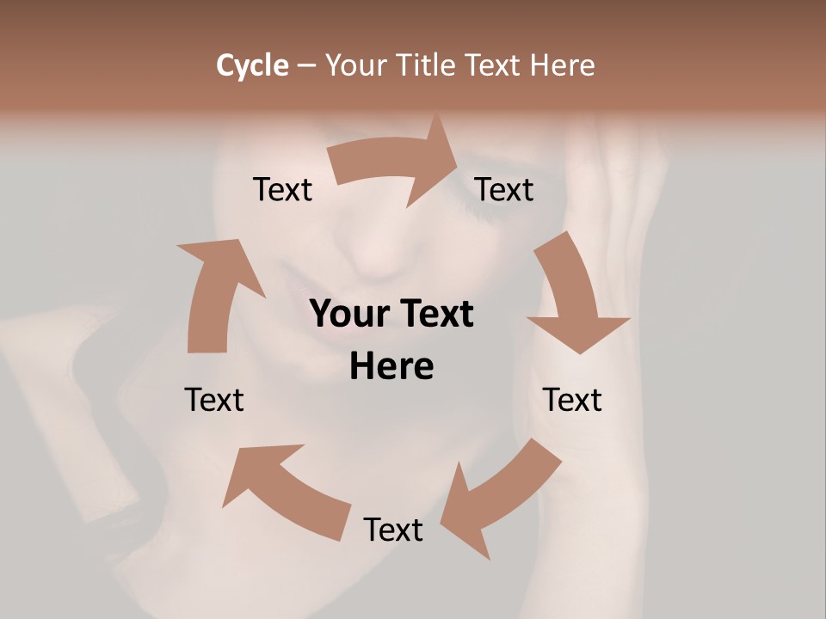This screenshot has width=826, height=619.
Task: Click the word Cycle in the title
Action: [x=252, y=65]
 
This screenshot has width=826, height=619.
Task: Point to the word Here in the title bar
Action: [x=562, y=65]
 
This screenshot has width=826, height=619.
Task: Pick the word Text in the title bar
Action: [x=492, y=65]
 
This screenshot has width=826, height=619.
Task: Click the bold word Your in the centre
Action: [x=348, y=314]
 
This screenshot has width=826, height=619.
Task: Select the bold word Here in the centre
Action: [x=391, y=367]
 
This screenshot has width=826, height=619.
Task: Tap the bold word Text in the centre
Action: [x=435, y=314]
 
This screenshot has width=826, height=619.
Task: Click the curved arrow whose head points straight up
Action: [x=215, y=292]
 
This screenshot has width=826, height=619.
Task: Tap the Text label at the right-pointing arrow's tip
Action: [x=504, y=189]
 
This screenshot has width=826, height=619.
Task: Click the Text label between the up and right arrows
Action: [x=282, y=189]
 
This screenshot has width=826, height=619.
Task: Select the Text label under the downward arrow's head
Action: [x=572, y=400]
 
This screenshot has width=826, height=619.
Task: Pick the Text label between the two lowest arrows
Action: [x=393, y=530]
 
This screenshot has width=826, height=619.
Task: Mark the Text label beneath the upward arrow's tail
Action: [x=214, y=400]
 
